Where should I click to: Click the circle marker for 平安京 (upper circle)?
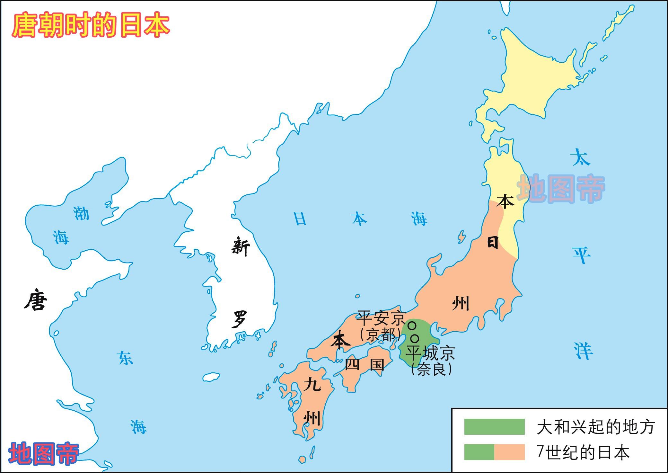(412, 326)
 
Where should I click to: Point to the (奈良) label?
(431, 370)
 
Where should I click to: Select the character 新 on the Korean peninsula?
(241, 247)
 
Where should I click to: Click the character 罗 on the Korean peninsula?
(240, 319)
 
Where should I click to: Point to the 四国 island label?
(364, 364)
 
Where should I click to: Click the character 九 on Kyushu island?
(312, 384)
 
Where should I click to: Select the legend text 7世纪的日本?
(583, 452)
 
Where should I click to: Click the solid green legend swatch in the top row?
(494, 427)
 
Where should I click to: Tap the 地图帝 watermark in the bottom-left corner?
(43, 453)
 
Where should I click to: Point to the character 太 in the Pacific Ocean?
(581, 157)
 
